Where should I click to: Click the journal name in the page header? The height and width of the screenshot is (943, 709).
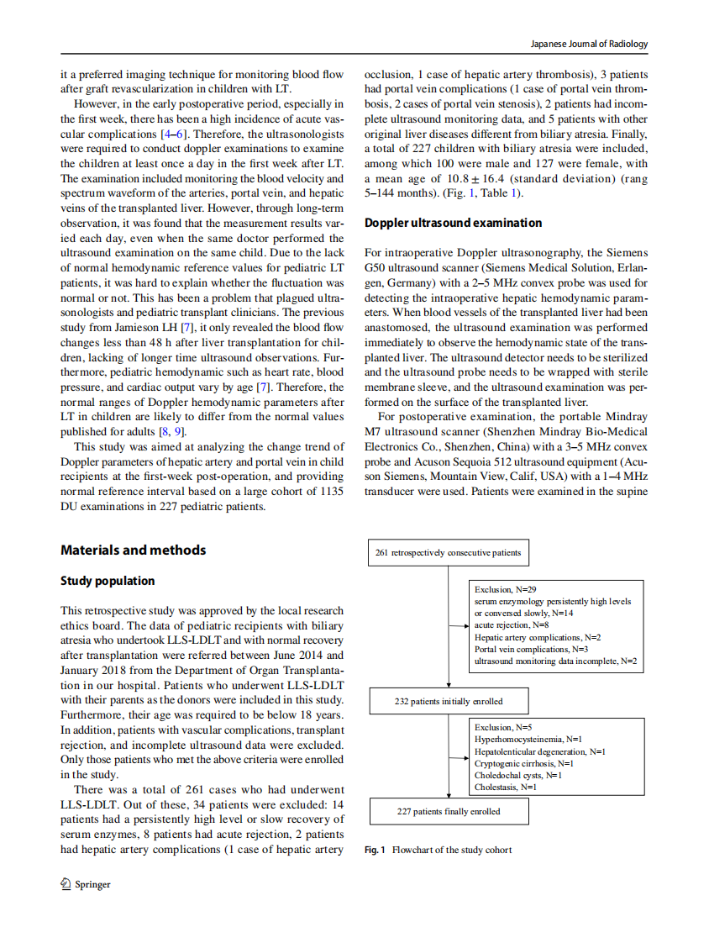tap(591, 44)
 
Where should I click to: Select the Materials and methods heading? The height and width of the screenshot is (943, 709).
tap(133, 550)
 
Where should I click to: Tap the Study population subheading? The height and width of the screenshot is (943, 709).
tap(108, 581)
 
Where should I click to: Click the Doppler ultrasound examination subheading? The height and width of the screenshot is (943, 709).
tap(453, 223)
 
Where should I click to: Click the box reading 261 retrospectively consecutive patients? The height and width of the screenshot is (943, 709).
tap(448, 552)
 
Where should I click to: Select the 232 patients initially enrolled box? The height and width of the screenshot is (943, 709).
tap(449, 700)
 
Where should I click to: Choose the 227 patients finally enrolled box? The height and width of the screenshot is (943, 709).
tap(449, 811)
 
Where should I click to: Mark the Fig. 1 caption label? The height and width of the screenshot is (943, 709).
tap(375, 850)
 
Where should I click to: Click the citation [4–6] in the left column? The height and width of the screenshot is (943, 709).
tap(174, 134)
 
